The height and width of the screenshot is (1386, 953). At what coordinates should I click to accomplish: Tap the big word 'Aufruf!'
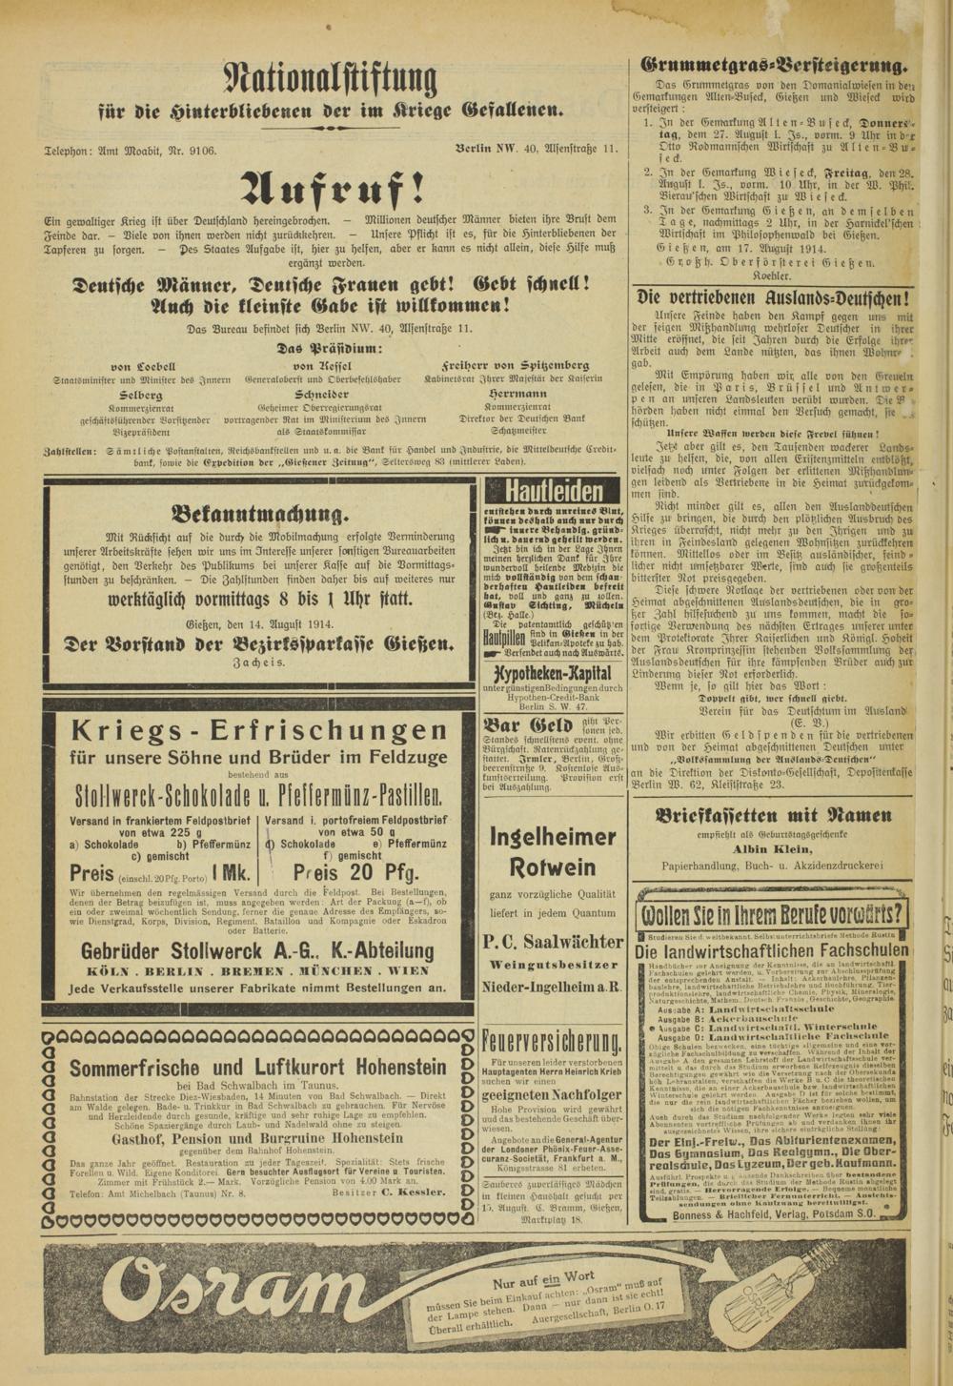pyautogui.click(x=329, y=183)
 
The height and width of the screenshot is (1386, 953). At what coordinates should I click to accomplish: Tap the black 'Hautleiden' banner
pyautogui.click(x=554, y=492)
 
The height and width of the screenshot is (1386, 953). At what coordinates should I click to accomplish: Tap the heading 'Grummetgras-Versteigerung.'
pyautogui.click(x=775, y=67)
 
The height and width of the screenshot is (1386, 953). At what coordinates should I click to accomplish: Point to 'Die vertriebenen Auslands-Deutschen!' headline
pyautogui.click(x=773, y=296)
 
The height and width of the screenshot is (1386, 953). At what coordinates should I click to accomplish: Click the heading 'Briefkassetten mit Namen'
pyautogui.click(x=774, y=815)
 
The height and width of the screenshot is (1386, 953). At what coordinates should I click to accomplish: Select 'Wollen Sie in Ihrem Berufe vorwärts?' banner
pyautogui.click(x=773, y=916)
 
